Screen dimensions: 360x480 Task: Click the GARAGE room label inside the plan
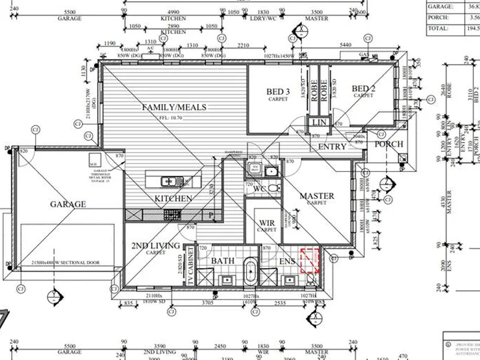tap(68, 204)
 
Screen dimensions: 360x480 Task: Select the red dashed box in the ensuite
tap(311, 261)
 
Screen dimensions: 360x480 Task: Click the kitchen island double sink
tap(169, 180)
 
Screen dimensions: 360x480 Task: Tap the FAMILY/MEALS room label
tap(174, 107)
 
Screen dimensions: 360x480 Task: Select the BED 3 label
tap(278, 92)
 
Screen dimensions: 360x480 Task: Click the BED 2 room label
tap(363, 89)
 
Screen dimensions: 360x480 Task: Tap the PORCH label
tap(389, 144)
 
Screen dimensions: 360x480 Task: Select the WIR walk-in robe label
tap(267, 222)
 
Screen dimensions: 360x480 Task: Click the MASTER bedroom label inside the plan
tap(317, 196)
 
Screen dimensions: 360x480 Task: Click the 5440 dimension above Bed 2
tap(346, 45)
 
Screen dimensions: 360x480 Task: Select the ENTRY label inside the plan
tap(332, 147)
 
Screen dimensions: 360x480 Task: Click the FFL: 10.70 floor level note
tap(173, 117)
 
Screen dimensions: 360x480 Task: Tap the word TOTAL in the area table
tap(437, 29)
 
